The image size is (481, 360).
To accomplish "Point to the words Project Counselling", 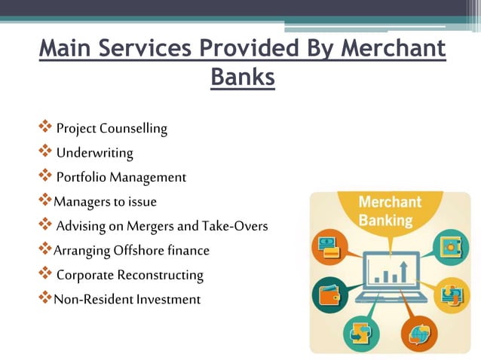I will coord(111,129).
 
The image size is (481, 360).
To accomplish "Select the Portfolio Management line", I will coord(121,178).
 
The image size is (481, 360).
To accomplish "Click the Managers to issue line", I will coord(105,202).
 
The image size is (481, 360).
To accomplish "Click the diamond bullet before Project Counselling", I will coord(45,127).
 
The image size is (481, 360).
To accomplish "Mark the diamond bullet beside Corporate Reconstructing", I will coord(45,273).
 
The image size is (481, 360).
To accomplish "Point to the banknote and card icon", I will coord(331,247).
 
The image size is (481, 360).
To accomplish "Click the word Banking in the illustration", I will coord(385,221).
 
